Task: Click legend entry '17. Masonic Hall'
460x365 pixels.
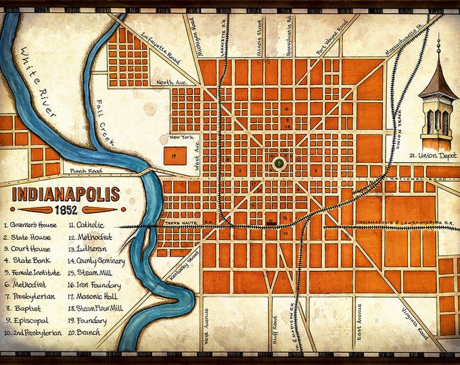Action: point(102,297)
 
